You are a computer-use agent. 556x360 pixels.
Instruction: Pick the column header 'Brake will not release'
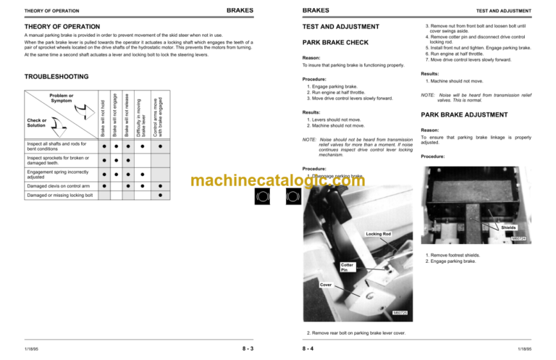[x=127, y=116]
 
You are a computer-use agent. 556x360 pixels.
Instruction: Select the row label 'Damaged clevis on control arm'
[x=57, y=186]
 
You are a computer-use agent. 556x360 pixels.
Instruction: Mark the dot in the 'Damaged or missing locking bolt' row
[x=159, y=196]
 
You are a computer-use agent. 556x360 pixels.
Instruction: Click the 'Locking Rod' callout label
[x=378, y=234]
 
